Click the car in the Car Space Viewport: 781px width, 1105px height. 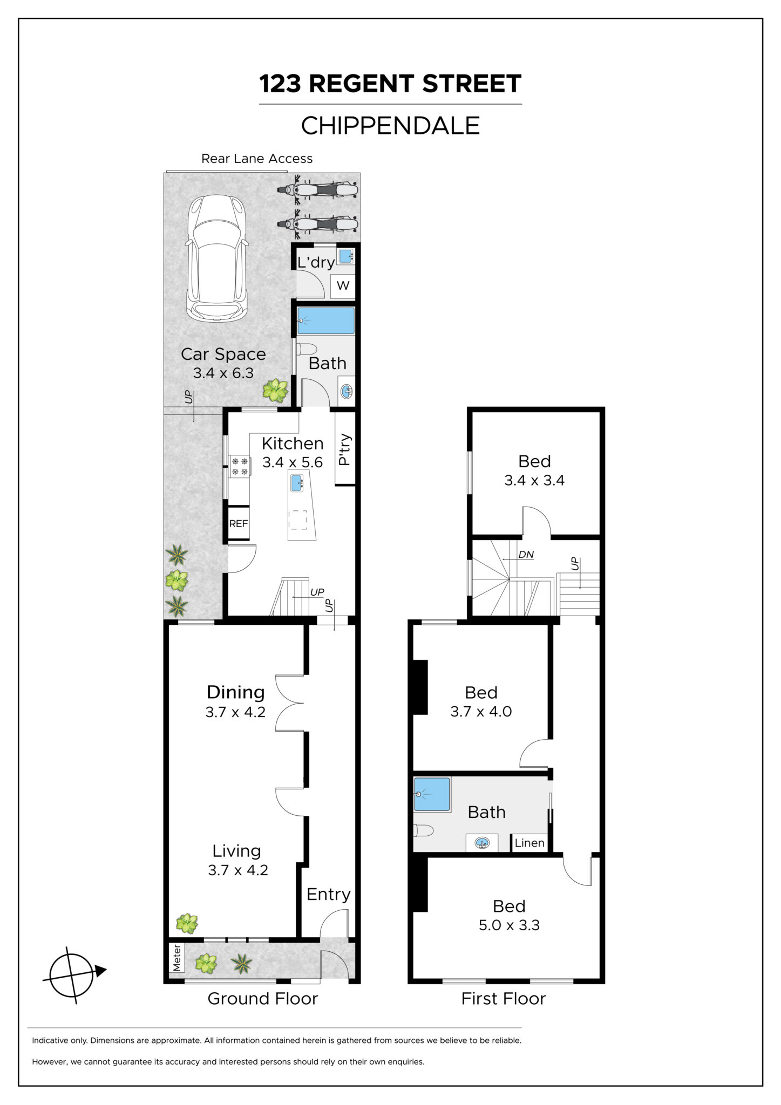218,258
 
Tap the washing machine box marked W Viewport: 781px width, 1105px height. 343,285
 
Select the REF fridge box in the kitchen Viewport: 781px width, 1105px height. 239,523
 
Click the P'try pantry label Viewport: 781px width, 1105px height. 345,450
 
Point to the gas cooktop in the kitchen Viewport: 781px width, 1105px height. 239,467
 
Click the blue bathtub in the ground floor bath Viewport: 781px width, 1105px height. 325,321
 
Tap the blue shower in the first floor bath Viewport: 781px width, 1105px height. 432,794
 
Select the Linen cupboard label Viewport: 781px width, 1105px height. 529,843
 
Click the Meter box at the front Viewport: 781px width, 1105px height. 176,958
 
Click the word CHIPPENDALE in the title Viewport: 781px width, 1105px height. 390,126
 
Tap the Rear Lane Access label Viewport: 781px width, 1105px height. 257,159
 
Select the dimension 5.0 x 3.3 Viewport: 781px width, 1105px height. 509,925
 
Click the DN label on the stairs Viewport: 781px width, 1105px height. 526,554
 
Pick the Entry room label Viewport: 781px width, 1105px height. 329,895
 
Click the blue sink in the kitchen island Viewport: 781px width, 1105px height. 297,482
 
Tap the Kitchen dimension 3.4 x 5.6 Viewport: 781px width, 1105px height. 293,462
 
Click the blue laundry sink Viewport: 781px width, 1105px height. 345,256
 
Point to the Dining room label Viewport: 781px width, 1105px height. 236,692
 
